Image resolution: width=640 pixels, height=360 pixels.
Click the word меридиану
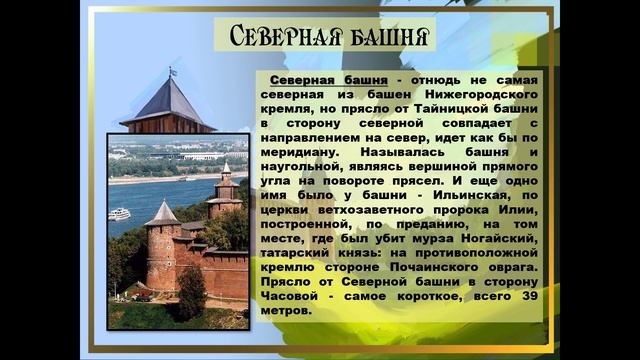(x=302, y=148)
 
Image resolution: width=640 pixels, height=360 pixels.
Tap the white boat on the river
(x=119, y=212)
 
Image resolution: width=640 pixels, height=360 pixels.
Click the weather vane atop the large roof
(x=171, y=72)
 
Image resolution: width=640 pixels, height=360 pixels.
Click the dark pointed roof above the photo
(x=169, y=103)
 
